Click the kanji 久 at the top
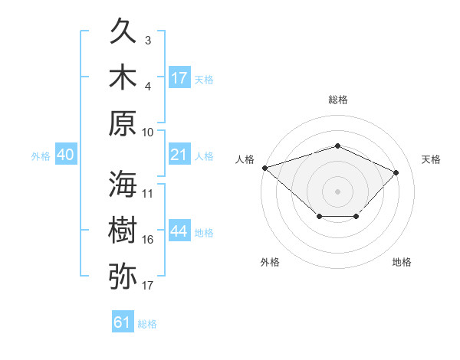coord(123,33)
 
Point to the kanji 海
coord(123,184)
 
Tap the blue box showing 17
coord(179,77)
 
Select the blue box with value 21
coord(179,155)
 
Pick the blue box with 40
coord(65,155)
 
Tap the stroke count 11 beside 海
coord(148,193)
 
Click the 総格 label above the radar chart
coord(337,100)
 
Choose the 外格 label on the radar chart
coord(270,262)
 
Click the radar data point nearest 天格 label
coord(396,172)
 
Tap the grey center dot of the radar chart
coord(337,190)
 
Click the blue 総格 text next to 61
coord(147,324)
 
